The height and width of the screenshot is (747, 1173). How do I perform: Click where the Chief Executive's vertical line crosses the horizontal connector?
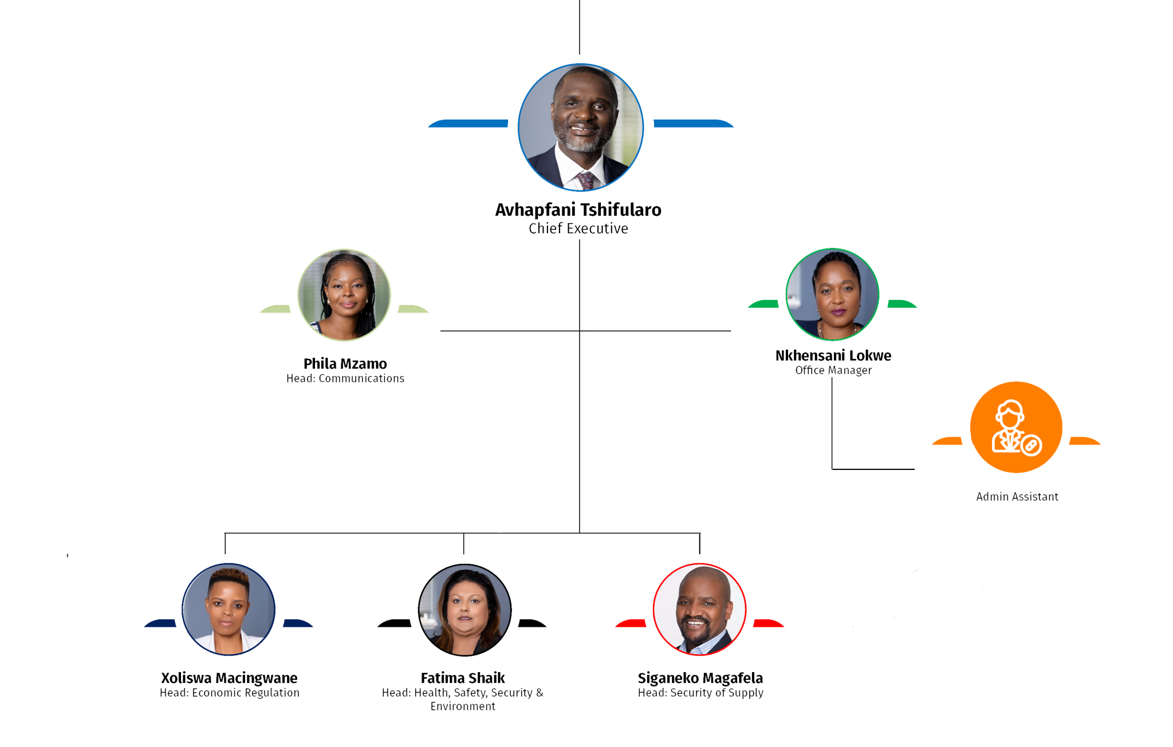coord(580,331)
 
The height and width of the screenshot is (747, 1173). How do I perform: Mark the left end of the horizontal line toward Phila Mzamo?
coord(441,331)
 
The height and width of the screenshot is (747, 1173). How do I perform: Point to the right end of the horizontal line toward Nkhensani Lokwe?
coord(730,331)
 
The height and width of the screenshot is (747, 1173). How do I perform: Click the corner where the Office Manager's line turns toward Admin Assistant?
coord(832,469)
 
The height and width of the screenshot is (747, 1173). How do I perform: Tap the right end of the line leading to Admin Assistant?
coord(914,469)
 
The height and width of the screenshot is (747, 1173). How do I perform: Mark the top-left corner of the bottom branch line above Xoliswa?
coord(225,533)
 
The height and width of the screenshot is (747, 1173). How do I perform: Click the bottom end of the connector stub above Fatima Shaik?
coord(463,554)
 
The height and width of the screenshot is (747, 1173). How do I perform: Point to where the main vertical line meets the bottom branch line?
coord(580,533)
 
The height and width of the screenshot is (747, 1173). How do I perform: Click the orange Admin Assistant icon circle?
coord(1016,427)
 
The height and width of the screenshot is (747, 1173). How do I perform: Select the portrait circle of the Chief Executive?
coord(580,127)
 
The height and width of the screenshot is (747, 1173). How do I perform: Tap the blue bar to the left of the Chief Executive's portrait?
coord(468,124)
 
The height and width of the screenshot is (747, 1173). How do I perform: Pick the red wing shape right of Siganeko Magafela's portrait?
coord(768,623)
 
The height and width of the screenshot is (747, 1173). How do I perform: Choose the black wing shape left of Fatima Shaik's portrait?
coord(394,623)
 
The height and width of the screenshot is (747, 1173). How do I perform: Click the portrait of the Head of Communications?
coord(344,295)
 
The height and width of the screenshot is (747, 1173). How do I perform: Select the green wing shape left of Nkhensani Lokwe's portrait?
coord(763,304)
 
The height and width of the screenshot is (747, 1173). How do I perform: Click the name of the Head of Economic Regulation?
coord(229,678)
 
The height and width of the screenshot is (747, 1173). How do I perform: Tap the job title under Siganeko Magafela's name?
coord(700,693)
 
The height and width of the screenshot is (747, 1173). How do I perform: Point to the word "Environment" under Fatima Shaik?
coord(463,706)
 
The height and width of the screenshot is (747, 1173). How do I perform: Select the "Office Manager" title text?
coord(833,370)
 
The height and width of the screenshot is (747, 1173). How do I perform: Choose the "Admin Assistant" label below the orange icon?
coord(1017,497)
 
